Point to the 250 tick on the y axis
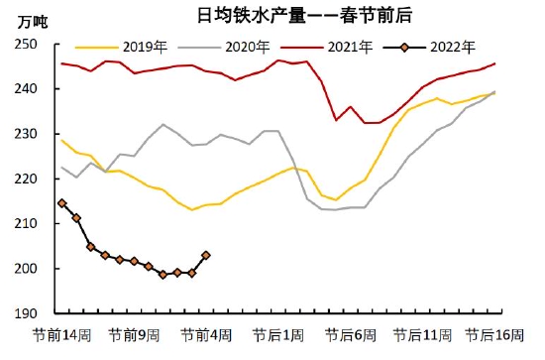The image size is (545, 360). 25,45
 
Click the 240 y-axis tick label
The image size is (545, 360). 25,89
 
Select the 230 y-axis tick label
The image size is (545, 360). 25,134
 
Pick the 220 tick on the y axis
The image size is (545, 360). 25,180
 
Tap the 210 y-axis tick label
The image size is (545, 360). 25,224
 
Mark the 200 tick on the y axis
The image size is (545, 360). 25,269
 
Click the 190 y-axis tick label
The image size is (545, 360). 25,313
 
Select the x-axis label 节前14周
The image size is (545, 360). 61,335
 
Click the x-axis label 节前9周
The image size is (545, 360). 134,335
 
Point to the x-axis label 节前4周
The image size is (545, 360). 206,335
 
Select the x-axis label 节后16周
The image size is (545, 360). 494,335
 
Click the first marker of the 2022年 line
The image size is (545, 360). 61,203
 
